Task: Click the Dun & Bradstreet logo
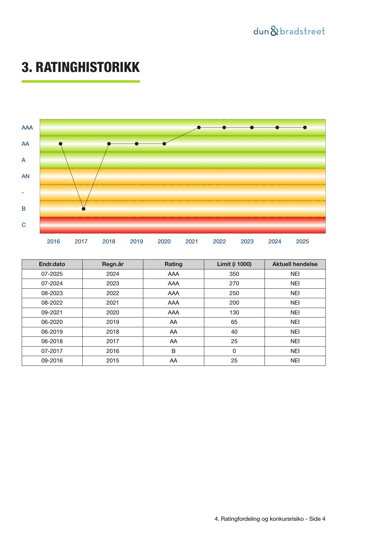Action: coord(289,32)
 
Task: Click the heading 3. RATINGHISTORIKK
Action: coord(81,67)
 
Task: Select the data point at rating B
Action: coord(84,209)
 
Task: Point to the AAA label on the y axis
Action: coord(27,128)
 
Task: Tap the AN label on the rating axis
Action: coord(25,176)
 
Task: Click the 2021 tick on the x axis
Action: coord(192,242)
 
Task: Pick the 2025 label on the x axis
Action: coord(302,242)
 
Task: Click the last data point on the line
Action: coord(305,127)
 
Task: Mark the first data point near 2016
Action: coord(61,144)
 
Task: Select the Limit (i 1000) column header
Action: coord(234,264)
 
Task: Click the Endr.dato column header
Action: coord(52,264)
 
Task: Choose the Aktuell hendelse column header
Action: coord(295,264)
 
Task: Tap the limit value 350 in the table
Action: coord(234,274)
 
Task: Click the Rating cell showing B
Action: coord(173,351)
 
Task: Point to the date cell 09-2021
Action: coord(52,313)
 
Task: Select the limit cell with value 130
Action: coord(234,313)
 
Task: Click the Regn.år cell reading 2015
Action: coord(113,361)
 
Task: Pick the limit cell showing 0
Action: coord(234,351)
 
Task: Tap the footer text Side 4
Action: coord(317,519)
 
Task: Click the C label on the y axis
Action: coord(24,225)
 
